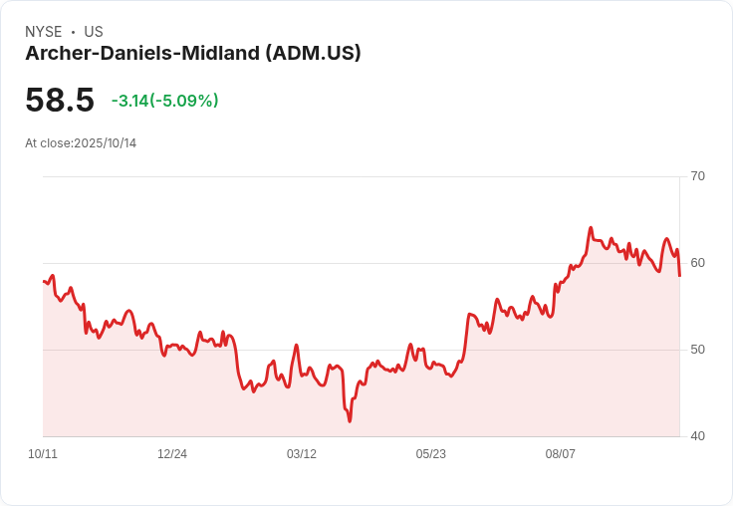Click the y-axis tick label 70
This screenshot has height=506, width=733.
(x=697, y=176)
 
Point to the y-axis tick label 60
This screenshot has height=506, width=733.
(x=697, y=263)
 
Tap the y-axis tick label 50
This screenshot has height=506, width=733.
(x=697, y=350)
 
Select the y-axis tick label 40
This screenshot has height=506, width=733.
(x=697, y=436)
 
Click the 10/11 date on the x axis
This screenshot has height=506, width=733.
(x=43, y=454)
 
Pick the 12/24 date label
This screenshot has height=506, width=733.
(x=172, y=454)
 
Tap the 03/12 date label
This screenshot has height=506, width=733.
(x=302, y=454)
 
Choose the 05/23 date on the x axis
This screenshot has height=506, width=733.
(x=431, y=454)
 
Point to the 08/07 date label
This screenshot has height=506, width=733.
(x=561, y=454)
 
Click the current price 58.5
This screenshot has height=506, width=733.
(x=60, y=100)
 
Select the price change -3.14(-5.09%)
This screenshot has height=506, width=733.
(x=164, y=101)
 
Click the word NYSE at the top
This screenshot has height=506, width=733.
(x=44, y=32)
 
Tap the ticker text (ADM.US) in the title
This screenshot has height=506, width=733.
(x=313, y=54)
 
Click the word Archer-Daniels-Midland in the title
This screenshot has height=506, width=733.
(x=142, y=54)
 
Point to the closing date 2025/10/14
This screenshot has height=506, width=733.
(x=105, y=143)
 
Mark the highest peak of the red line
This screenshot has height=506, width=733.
(x=591, y=228)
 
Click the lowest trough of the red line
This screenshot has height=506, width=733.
(x=350, y=420)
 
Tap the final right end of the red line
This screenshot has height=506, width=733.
(x=679, y=275)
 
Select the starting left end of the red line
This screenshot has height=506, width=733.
(x=44, y=281)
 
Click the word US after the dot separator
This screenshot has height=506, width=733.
(x=94, y=32)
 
